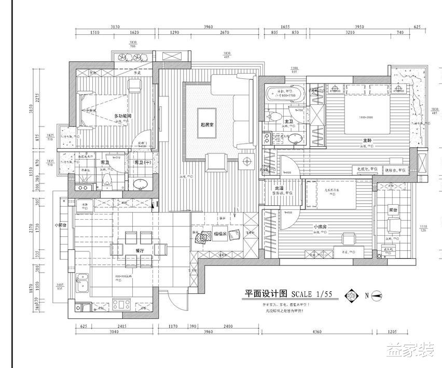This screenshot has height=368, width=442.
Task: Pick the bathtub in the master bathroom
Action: tap(280, 95)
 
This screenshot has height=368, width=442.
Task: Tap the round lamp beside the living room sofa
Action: tap(243, 160)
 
